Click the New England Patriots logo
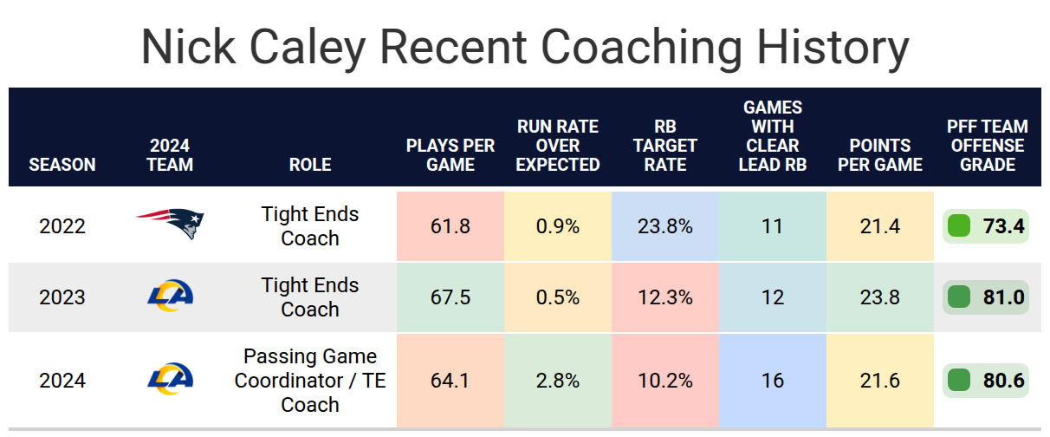click(170, 224)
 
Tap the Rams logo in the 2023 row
click(170, 296)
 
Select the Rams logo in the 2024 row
click(170, 379)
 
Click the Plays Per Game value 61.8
click(450, 226)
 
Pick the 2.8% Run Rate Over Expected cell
click(558, 380)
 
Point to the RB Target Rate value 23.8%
click(665, 226)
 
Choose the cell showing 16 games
click(773, 380)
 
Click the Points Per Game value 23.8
click(880, 297)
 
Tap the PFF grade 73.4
click(1003, 226)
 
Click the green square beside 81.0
click(958, 297)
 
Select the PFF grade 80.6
click(1003, 380)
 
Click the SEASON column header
click(62, 165)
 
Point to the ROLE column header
click(310, 165)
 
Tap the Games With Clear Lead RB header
click(773, 136)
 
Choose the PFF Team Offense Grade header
click(987, 146)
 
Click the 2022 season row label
click(62, 226)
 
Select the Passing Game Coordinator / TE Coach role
click(310, 380)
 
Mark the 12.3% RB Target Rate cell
click(665, 297)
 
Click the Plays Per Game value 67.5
click(450, 297)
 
